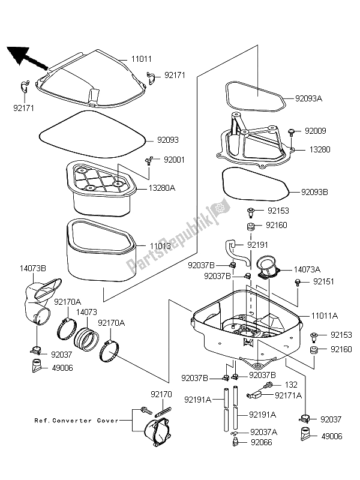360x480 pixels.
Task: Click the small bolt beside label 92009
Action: coord(292,130)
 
